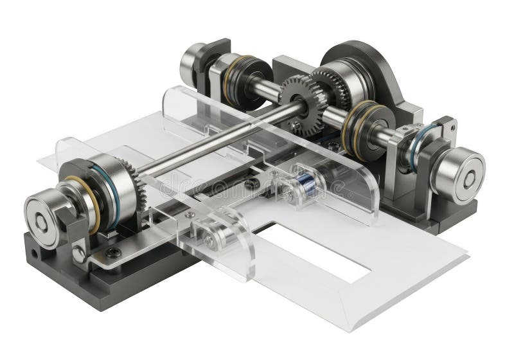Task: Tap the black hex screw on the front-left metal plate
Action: pyautogui.click(x=114, y=251)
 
